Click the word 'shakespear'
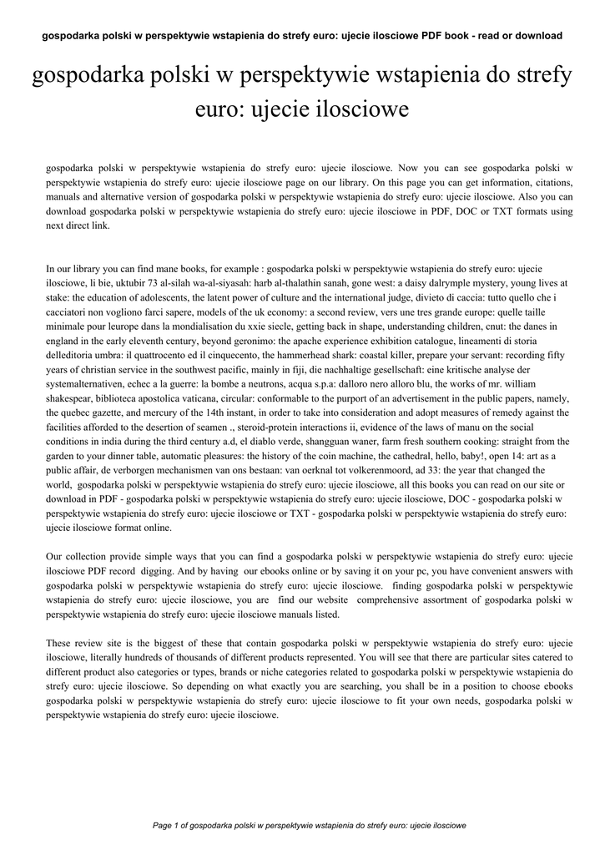pos(73,398)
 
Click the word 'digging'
pos(160,570)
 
